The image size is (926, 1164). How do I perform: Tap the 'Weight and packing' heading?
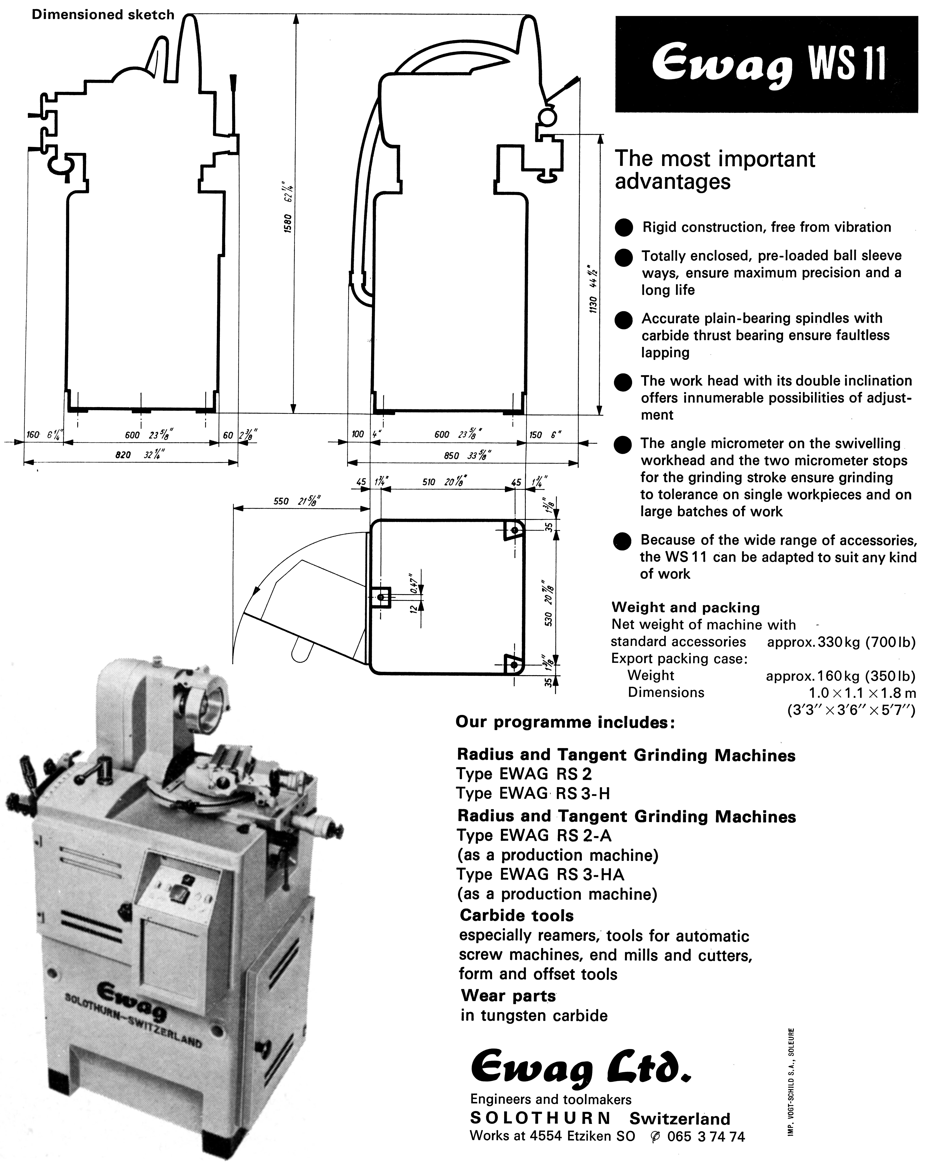[685, 607]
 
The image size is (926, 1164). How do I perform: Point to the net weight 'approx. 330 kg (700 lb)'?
[841, 642]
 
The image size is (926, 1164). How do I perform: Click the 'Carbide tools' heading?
[516, 915]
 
